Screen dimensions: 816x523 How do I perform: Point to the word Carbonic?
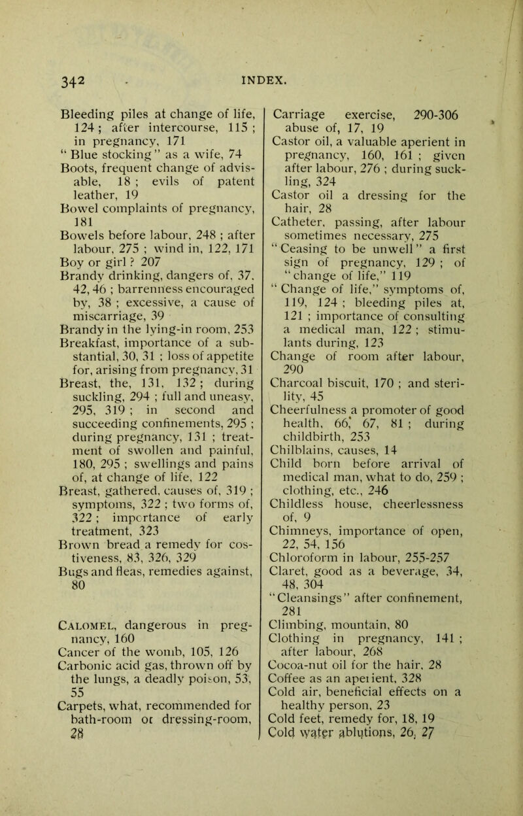[75, 704]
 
